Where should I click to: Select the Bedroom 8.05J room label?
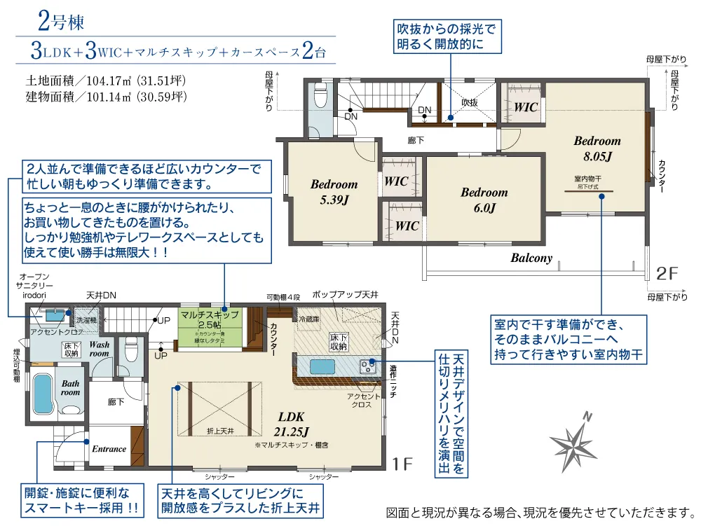click(x=597, y=148)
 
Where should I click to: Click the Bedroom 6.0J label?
click(x=484, y=200)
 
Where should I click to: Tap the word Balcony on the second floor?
click(x=531, y=258)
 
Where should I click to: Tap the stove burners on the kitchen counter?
click(x=367, y=365)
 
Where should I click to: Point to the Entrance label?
click(x=109, y=449)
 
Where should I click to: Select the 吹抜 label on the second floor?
click(x=469, y=102)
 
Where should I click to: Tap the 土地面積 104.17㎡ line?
click(x=105, y=80)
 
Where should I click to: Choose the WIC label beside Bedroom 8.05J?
click(x=525, y=107)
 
